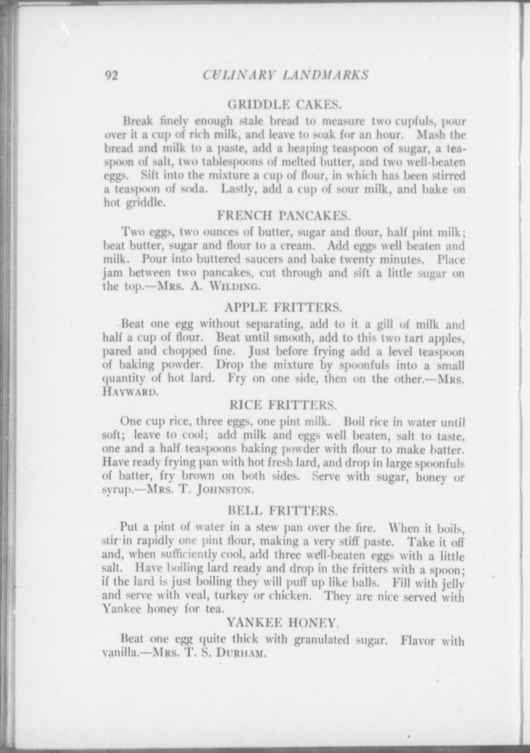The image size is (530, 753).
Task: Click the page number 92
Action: [111, 76]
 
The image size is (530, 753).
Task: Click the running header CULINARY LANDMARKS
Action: [285, 75]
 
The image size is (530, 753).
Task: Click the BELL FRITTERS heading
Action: [283, 511]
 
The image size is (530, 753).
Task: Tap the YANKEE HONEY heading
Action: [283, 623]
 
